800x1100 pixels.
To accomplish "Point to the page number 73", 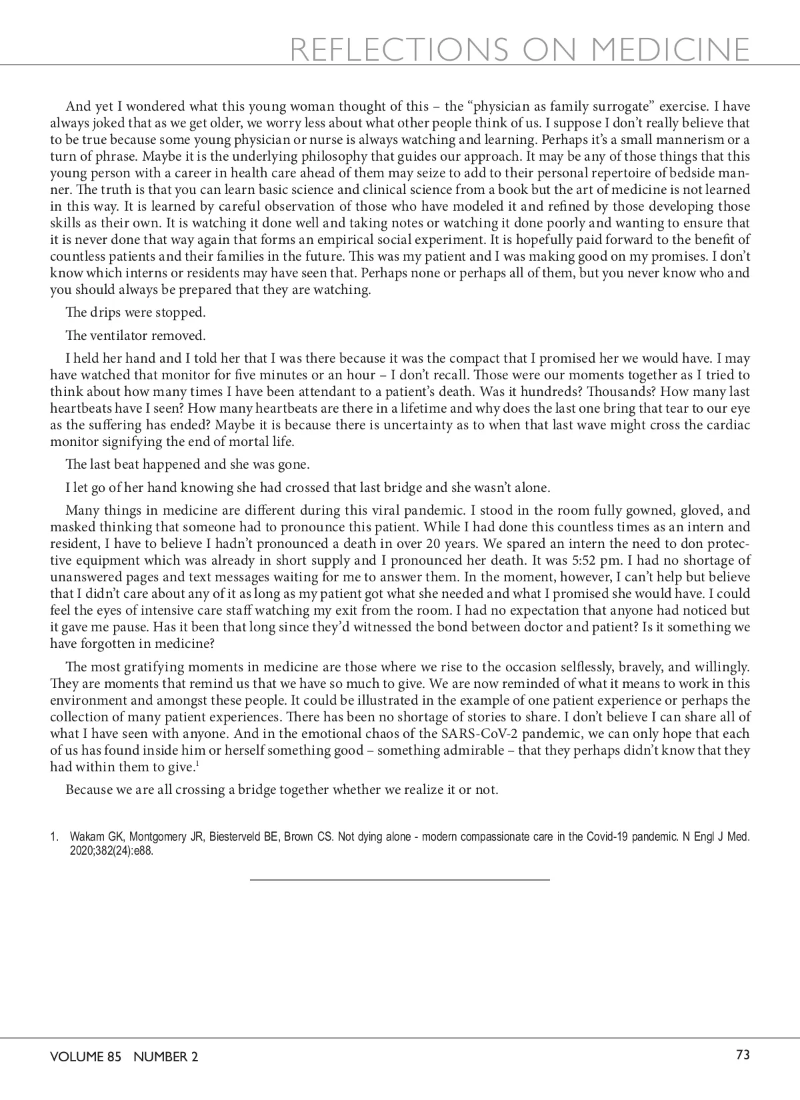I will pos(743,1055).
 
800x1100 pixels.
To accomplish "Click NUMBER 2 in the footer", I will pos(166,1057).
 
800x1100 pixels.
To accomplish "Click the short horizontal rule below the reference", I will pos(399,880).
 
